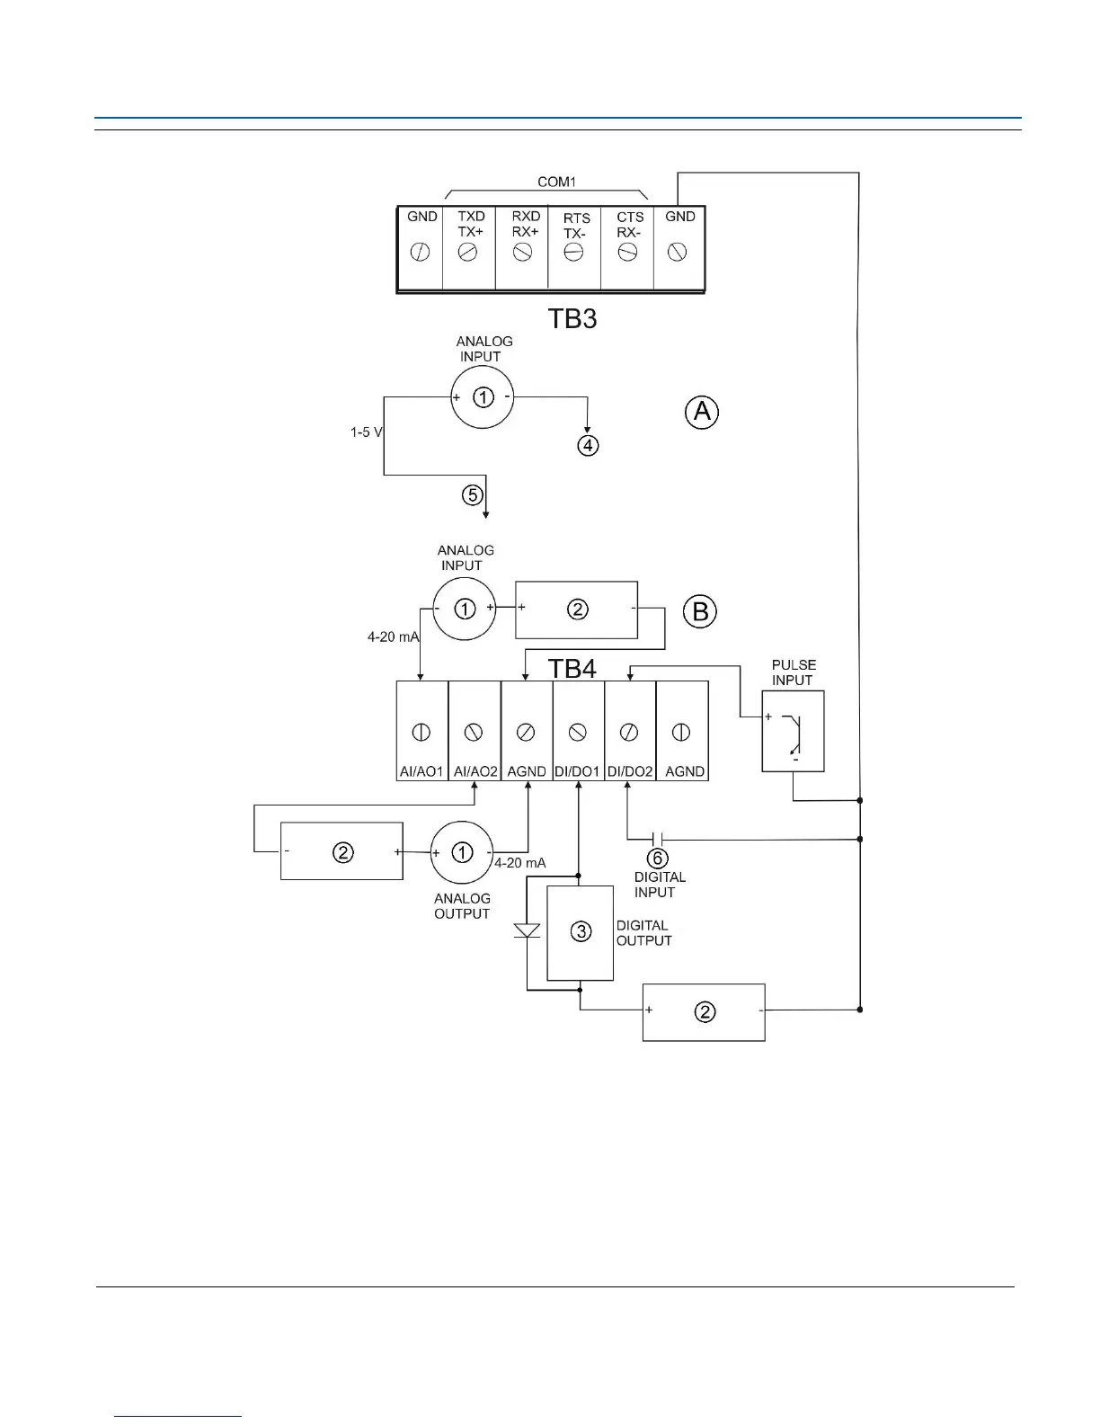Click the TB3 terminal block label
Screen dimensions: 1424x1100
[572, 318]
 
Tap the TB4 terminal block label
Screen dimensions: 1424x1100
[572, 668]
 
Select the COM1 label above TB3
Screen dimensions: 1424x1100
[556, 182]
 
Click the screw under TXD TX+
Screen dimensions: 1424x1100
[468, 254]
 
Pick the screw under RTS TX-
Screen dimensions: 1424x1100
[573, 254]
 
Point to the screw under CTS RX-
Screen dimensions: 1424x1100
[626, 254]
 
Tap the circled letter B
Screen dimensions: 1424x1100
[700, 612]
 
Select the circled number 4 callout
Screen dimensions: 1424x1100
[588, 445]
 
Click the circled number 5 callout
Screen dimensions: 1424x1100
[473, 494]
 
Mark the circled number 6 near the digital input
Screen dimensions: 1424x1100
[658, 859]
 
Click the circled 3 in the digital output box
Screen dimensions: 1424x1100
[581, 931]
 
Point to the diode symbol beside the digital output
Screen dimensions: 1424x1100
[527, 930]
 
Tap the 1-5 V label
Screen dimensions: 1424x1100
[367, 432]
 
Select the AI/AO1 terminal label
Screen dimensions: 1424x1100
[421, 771]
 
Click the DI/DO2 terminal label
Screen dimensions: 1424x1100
[630, 771]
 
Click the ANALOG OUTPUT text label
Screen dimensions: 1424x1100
[462, 905]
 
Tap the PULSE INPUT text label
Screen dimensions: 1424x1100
[794, 672]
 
